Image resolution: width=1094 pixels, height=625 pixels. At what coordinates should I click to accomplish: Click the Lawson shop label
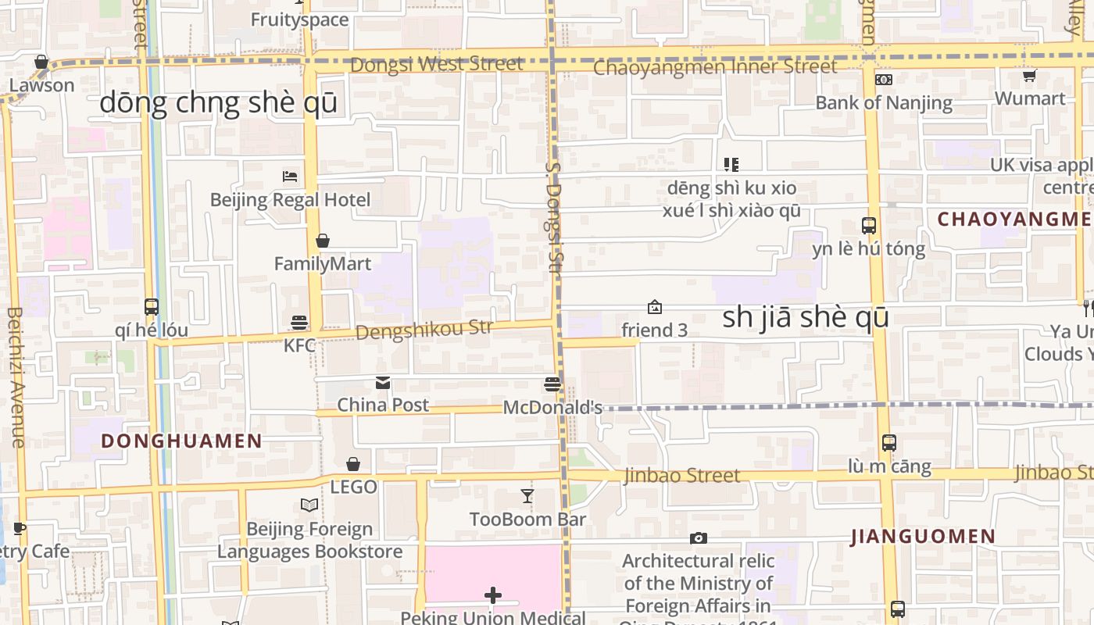pos(41,85)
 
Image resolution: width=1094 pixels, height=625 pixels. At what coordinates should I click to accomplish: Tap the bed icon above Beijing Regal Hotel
pos(290,177)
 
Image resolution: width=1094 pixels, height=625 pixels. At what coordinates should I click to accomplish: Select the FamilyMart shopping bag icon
pos(322,241)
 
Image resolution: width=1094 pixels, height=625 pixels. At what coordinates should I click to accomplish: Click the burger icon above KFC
pos(299,322)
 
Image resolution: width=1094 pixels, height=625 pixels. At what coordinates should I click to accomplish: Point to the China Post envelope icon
pos(383,383)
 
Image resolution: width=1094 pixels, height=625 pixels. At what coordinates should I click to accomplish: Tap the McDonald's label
pos(552,407)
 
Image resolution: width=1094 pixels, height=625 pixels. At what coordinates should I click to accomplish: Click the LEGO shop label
pos(353,487)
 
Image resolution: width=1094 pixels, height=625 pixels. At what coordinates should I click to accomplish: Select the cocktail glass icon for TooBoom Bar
pos(527,496)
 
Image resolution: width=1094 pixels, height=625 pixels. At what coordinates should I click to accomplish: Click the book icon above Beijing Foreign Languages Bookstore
pos(309,505)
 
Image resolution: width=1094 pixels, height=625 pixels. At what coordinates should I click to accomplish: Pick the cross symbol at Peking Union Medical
pos(493,596)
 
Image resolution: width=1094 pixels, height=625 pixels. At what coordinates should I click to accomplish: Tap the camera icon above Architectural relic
pos(699,538)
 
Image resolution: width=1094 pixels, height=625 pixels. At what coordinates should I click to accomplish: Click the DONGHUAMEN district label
pos(181,441)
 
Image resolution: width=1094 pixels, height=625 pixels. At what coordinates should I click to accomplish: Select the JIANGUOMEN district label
pos(923,537)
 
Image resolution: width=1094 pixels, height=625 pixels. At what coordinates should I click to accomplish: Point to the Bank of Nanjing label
pos(884,102)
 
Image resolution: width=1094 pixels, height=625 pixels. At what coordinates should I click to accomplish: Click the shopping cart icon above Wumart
pos(1029,76)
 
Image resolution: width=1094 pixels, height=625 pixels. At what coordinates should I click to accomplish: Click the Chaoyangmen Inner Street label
pos(715,67)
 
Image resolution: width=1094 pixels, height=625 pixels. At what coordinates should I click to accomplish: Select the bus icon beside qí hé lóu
pos(152,307)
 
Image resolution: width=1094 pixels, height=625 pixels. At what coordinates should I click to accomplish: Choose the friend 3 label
pos(654,330)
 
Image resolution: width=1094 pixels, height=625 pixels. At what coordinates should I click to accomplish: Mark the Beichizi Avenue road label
pos(16,377)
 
